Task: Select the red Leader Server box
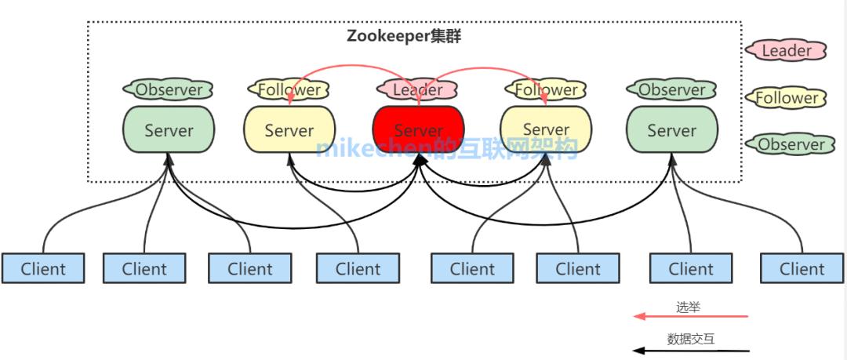point(418,129)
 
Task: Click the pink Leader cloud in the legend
point(787,51)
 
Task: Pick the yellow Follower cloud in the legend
point(787,98)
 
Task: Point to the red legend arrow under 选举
point(691,317)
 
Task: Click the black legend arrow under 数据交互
point(691,351)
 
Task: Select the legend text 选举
point(688,307)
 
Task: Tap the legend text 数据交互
point(691,340)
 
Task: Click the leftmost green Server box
point(169,129)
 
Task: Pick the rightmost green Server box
point(672,129)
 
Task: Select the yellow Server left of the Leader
point(289,129)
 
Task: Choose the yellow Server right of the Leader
point(546,129)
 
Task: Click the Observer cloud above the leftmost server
point(169,89)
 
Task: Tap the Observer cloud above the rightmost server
point(672,89)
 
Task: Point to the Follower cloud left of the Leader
point(289,89)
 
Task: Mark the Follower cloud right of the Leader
point(546,89)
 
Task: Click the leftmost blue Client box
point(43,268)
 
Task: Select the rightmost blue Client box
point(802,268)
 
